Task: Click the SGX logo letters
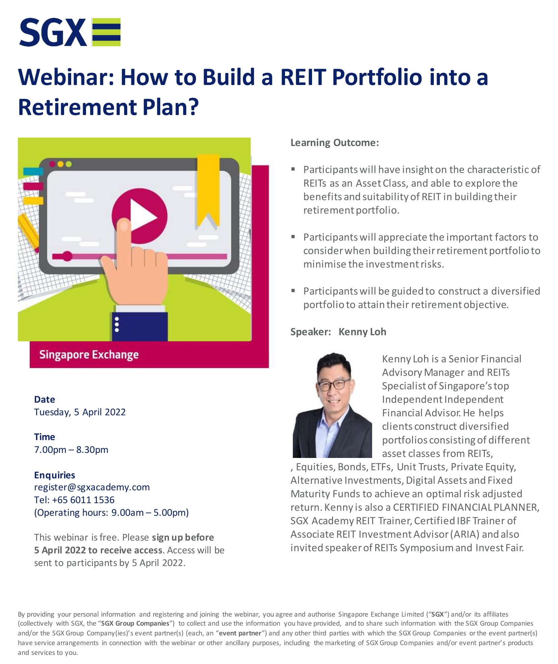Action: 53,32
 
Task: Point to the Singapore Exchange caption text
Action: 89,355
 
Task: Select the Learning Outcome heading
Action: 335,143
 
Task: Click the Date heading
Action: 45,399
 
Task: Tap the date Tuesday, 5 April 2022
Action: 80,412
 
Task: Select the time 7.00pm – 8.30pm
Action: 71,450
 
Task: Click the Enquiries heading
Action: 55,475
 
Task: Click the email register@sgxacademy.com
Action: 92,487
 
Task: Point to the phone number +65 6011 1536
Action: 83,500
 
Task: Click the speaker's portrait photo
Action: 332,405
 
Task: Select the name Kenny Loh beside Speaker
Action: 362,332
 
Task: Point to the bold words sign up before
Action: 183,537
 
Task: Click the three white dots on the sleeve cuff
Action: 117,324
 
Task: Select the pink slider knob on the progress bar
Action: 67,256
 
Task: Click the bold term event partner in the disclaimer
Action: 240,633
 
